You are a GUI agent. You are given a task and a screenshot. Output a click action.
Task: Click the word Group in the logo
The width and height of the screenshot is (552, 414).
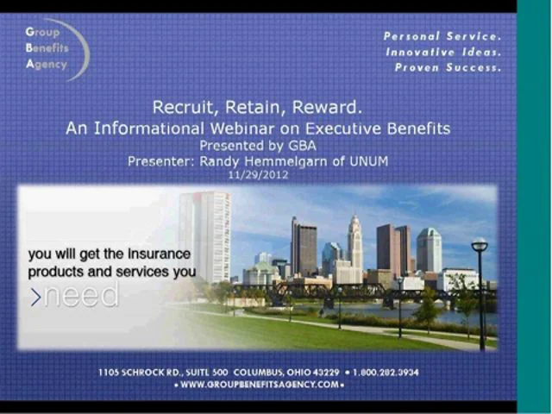pos(43,33)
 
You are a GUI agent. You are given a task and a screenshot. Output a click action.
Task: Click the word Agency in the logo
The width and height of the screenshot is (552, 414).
pos(46,65)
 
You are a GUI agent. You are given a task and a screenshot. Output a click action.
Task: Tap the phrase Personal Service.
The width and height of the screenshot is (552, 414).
pos(442,36)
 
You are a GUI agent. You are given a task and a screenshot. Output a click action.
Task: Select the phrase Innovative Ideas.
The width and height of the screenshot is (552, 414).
pos(442,52)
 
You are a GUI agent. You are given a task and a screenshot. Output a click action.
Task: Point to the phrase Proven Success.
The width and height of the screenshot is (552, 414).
pos(447,67)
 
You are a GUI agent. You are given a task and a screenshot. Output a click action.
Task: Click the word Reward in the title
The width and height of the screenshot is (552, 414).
pos(329,108)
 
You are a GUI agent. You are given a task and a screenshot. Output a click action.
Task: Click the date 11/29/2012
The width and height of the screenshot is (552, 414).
pos(258,174)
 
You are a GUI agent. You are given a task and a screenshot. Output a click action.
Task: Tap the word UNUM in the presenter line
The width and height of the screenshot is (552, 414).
pos(368,160)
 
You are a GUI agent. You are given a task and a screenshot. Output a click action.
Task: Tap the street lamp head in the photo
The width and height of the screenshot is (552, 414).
pos(480,246)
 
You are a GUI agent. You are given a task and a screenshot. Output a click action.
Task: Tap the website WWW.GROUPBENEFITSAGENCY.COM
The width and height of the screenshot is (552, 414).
pos(258,385)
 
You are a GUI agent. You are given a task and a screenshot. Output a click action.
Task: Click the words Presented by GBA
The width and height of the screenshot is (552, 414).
pos(257,145)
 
